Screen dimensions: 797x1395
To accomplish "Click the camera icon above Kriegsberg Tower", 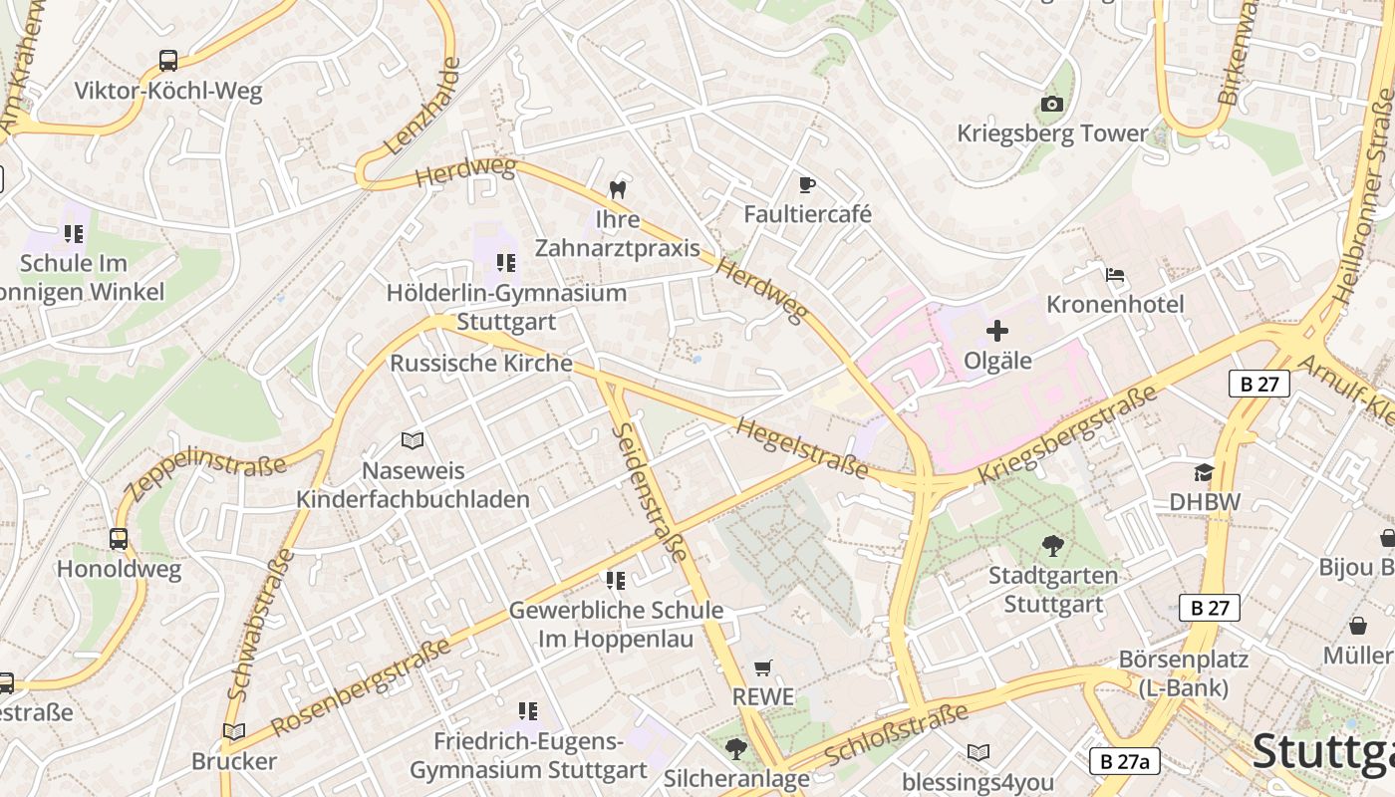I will pyautogui.click(x=1051, y=104).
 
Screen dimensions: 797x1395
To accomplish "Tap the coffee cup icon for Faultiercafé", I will pyautogui.click(x=807, y=184).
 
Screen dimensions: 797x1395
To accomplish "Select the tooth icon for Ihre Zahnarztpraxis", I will pyautogui.click(x=618, y=188).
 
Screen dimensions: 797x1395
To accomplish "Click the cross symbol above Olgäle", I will pyautogui.click(x=997, y=331).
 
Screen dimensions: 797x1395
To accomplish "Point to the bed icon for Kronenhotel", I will pyautogui.click(x=1115, y=274).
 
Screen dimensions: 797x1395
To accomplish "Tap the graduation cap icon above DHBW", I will pyautogui.click(x=1205, y=472).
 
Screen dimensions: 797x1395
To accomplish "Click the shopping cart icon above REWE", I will pyautogui.click(x=763, y=667).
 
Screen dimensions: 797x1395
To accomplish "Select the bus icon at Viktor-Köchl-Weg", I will pyautogui.click(x=168, y=61).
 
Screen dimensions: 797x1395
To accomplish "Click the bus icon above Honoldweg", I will pyautogui.click(x=119, y=539).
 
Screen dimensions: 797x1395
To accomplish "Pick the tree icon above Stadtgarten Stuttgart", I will pyautogui.click(x=1052, y=545).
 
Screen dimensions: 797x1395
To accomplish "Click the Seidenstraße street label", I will pyautogui.click(x=649, y=491).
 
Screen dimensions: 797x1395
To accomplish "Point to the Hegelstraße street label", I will pyautogui.click(x=801, y=447).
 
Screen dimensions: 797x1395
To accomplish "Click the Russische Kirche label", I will pyautogui.click(x=481, y=363).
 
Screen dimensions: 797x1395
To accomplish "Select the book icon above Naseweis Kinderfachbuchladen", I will pyautogui.click(x=413, y=440).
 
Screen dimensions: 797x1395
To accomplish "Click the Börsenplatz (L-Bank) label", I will pyautogui.click(x=1183, y=673).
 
